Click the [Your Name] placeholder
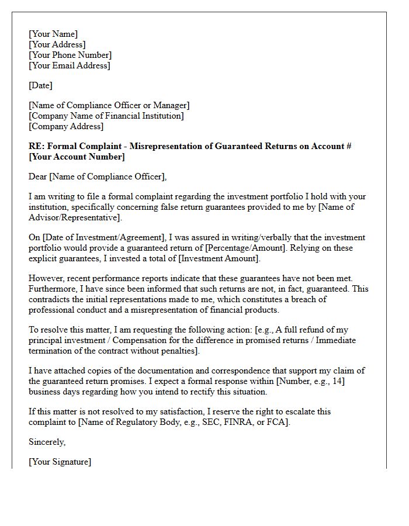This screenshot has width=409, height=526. [53, 34]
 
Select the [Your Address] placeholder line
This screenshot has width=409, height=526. [57, 44]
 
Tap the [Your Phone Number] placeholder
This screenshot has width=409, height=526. [70, 55]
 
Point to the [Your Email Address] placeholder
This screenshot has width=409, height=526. [69, 65]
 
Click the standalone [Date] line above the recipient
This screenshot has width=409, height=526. [40, 85]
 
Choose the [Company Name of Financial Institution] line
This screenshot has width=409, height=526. [106, 116]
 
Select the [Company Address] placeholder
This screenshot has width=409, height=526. [66, 126]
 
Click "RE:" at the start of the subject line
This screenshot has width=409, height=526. [36, 146]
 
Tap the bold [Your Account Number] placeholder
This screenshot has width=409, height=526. [77, 157]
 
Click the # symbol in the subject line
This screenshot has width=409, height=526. [348, 146]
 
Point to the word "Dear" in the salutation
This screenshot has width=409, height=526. [39, 177]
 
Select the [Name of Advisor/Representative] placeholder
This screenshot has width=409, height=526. [75, 217]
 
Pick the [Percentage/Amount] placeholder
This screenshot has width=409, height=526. [247, 248]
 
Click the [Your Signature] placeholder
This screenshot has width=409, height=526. [60, 462]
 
